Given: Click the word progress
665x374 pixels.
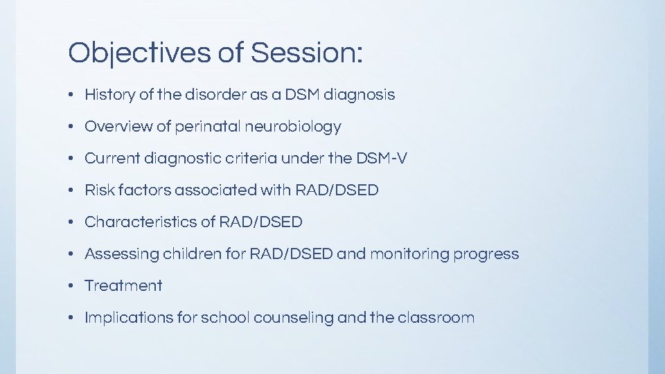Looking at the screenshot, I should coord(486,254).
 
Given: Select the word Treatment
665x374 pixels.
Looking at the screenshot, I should coord(123,286).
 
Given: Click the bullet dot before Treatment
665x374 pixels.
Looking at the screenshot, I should coord(72,286).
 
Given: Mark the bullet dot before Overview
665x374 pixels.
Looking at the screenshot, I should coord(72,127).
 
